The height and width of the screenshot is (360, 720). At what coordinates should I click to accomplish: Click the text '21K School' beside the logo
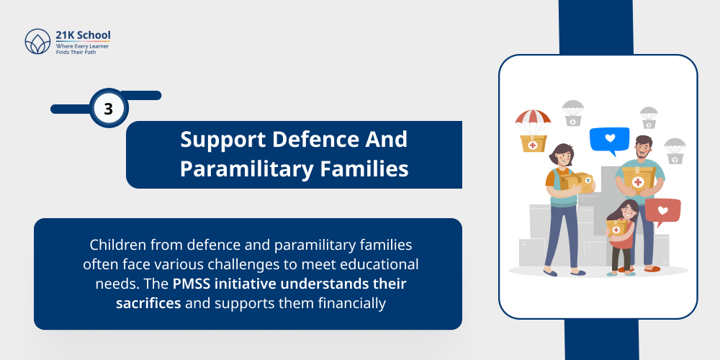83,35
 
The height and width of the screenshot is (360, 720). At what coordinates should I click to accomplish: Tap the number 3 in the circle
109,109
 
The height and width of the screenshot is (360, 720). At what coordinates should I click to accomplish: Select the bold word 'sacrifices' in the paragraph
148,303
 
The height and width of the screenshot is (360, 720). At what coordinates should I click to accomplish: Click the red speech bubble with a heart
662,211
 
